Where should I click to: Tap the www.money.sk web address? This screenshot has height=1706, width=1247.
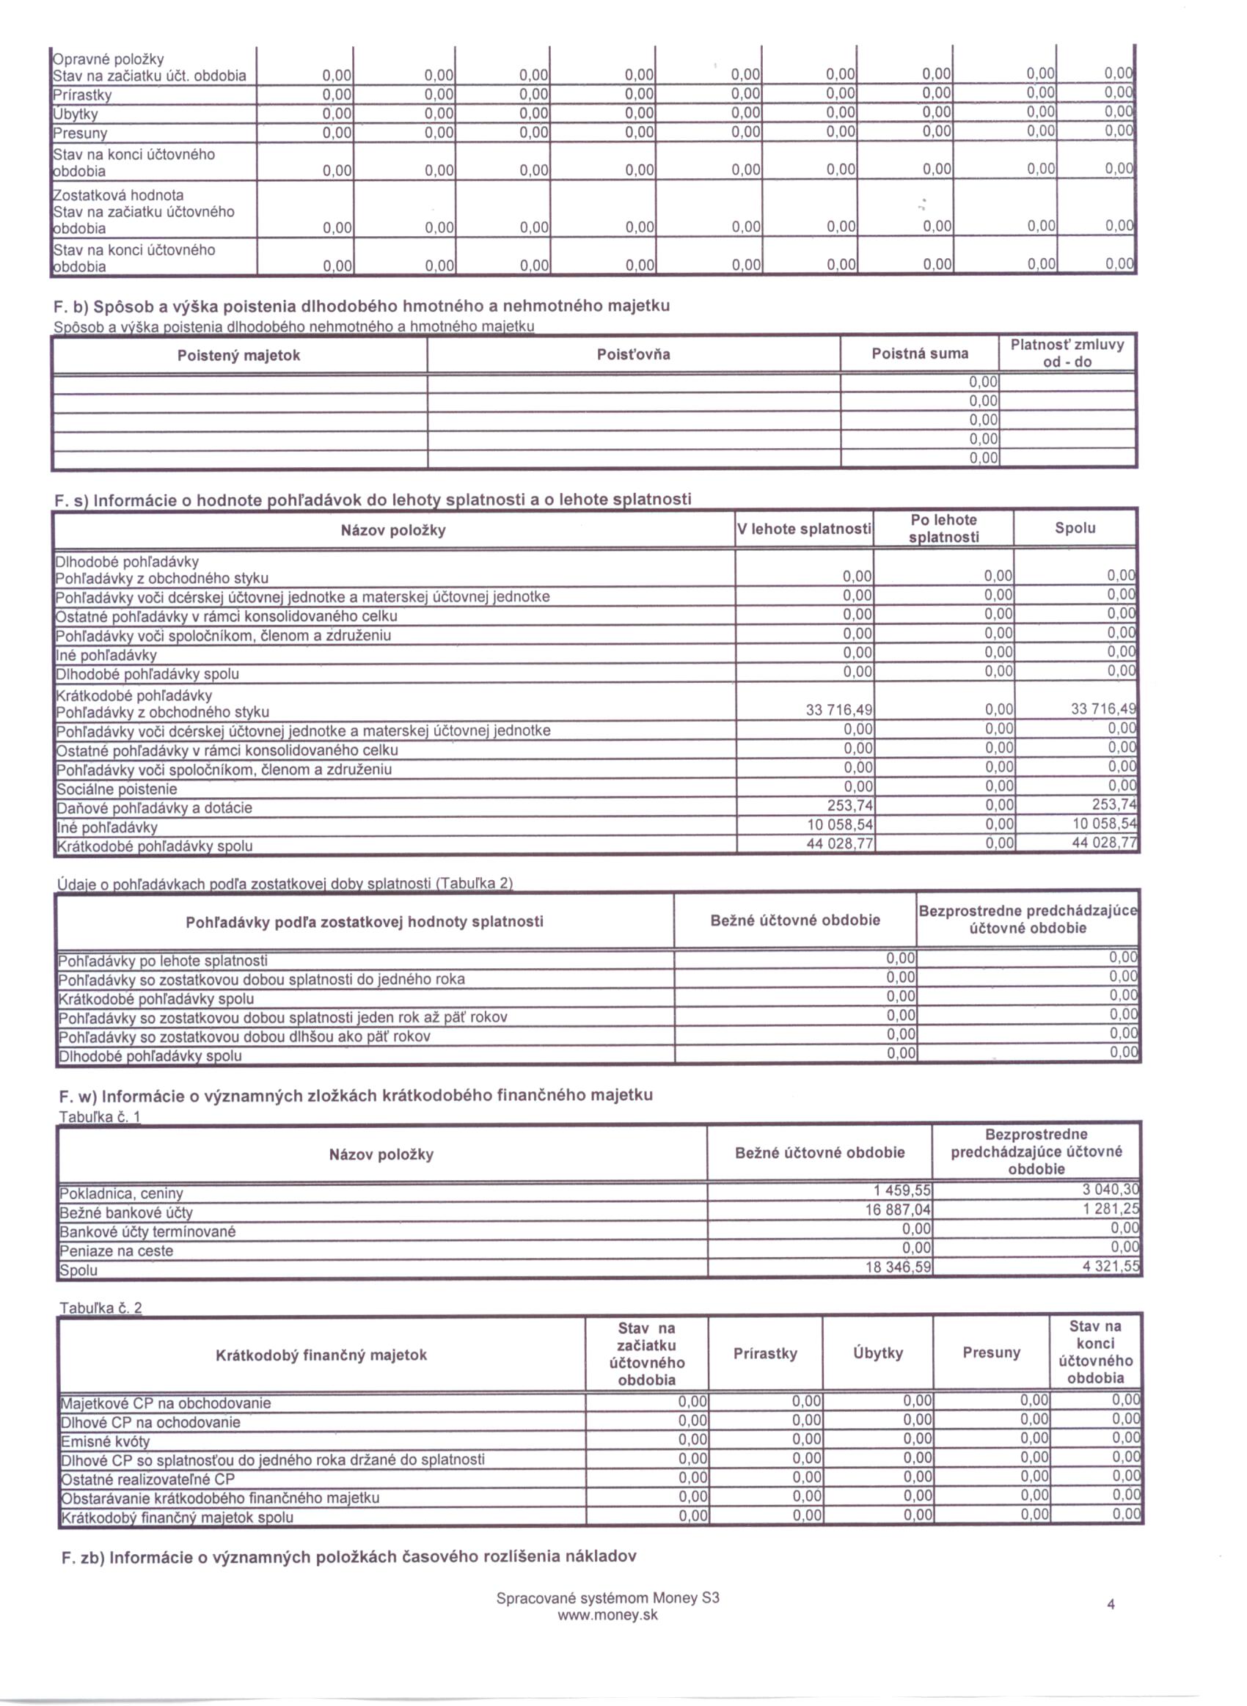[x=607, y=1616]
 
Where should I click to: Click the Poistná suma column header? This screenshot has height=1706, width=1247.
[x=919, y=353]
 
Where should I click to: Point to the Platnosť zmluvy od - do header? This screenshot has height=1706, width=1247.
[x=1067, y=353]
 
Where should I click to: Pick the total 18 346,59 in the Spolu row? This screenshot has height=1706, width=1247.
[x=899, y=1267]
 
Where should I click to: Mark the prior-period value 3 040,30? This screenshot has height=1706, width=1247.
[x=1111, y=1190]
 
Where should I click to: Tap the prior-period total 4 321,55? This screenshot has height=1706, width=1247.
[x=1111, y=1266]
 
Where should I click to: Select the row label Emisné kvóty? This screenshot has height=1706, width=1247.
[x=106, y=1441]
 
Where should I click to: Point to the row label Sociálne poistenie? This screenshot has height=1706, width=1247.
[x=117, y=789]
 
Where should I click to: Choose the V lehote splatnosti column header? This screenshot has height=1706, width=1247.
[x=804, y=529]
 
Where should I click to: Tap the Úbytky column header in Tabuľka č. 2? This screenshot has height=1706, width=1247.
[x=878, y=1353]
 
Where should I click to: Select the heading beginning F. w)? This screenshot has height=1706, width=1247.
[x=356, y=1095]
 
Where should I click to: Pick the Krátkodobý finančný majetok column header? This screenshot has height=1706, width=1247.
[x=321, y=1355]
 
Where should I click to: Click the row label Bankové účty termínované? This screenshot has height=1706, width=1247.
[x=148, y=1231]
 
